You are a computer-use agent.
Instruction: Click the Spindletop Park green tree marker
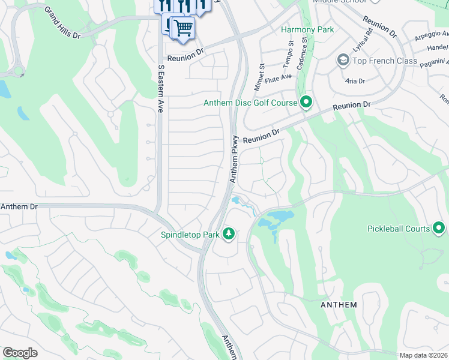tap(228, 233)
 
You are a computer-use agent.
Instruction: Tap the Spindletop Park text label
tap(190, 235)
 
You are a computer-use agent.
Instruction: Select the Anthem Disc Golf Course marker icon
tap(306, 103)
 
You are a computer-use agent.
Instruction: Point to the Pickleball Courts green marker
tap(439, 228)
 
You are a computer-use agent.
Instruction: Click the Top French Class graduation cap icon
tap(343, 61)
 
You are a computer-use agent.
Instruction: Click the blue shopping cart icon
tap(183, 28)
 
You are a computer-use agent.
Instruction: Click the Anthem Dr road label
tap(19, 206)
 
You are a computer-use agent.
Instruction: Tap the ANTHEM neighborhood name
tap(339, 305)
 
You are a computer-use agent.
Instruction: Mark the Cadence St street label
tap(304, 52)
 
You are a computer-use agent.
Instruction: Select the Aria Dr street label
tap(355, 80)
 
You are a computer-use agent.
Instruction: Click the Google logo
tap(20, 353)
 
